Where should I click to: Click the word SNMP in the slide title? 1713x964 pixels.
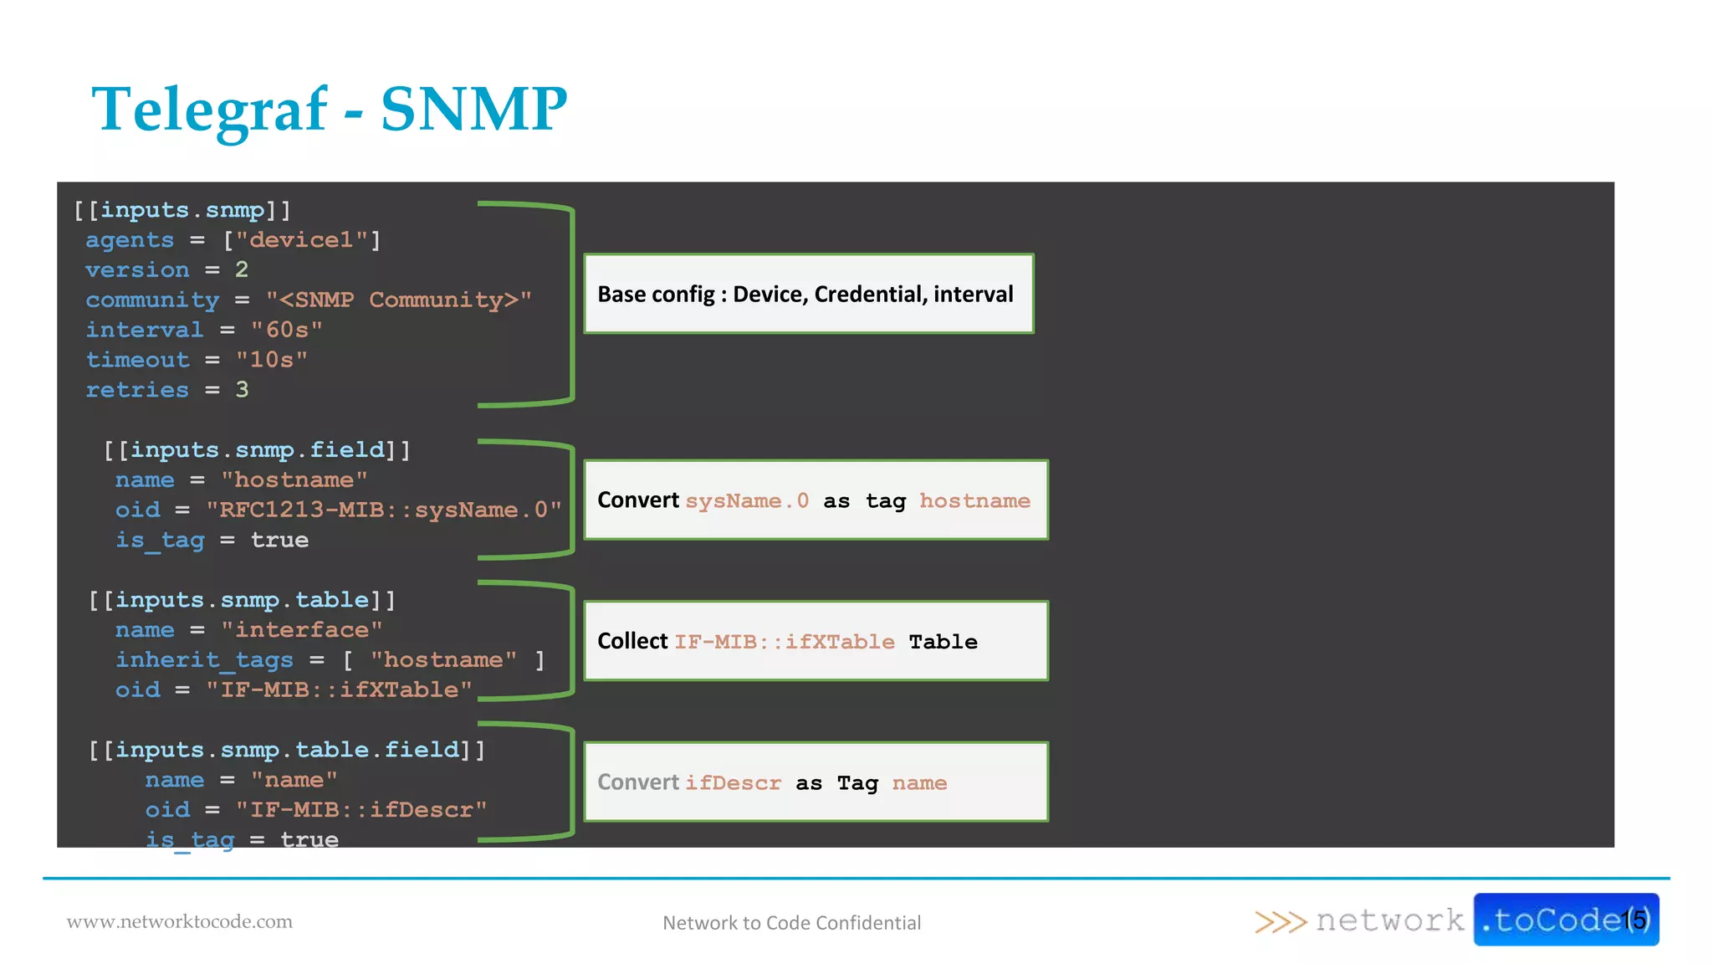click(x=473, y=110)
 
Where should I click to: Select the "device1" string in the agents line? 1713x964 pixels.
click(x=302, y=240)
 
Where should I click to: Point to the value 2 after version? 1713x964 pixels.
click(x=242, y=270)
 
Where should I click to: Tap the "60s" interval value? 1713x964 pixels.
click(x=287, y=330)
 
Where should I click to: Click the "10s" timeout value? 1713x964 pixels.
click(x=272, y=360)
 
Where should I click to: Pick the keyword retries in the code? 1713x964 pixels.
click(x=137, y=390)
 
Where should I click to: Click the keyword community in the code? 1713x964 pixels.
click(x=152, y=300)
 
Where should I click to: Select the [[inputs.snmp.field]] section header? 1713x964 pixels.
click(x=257, y=450)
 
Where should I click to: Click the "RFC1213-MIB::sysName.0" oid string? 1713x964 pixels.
click(x=384, y=510)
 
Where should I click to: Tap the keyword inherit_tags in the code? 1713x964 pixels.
click(x=204, y=660)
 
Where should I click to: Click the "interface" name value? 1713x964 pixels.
click(x=301, y=630)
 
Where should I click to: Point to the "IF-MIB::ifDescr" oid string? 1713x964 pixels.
click(x=361, y=810)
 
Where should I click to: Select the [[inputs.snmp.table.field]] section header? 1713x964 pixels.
click(x=287, y=750)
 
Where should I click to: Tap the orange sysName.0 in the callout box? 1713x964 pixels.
click(x=747, y=501)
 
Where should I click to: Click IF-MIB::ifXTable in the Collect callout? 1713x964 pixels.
click(x=785, y=642)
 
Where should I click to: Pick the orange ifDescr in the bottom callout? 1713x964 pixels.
click(x=733, y=783)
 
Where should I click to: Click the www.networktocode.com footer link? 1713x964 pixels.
click(x=180, y=922)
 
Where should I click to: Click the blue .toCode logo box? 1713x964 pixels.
click(x=1565, y=920)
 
